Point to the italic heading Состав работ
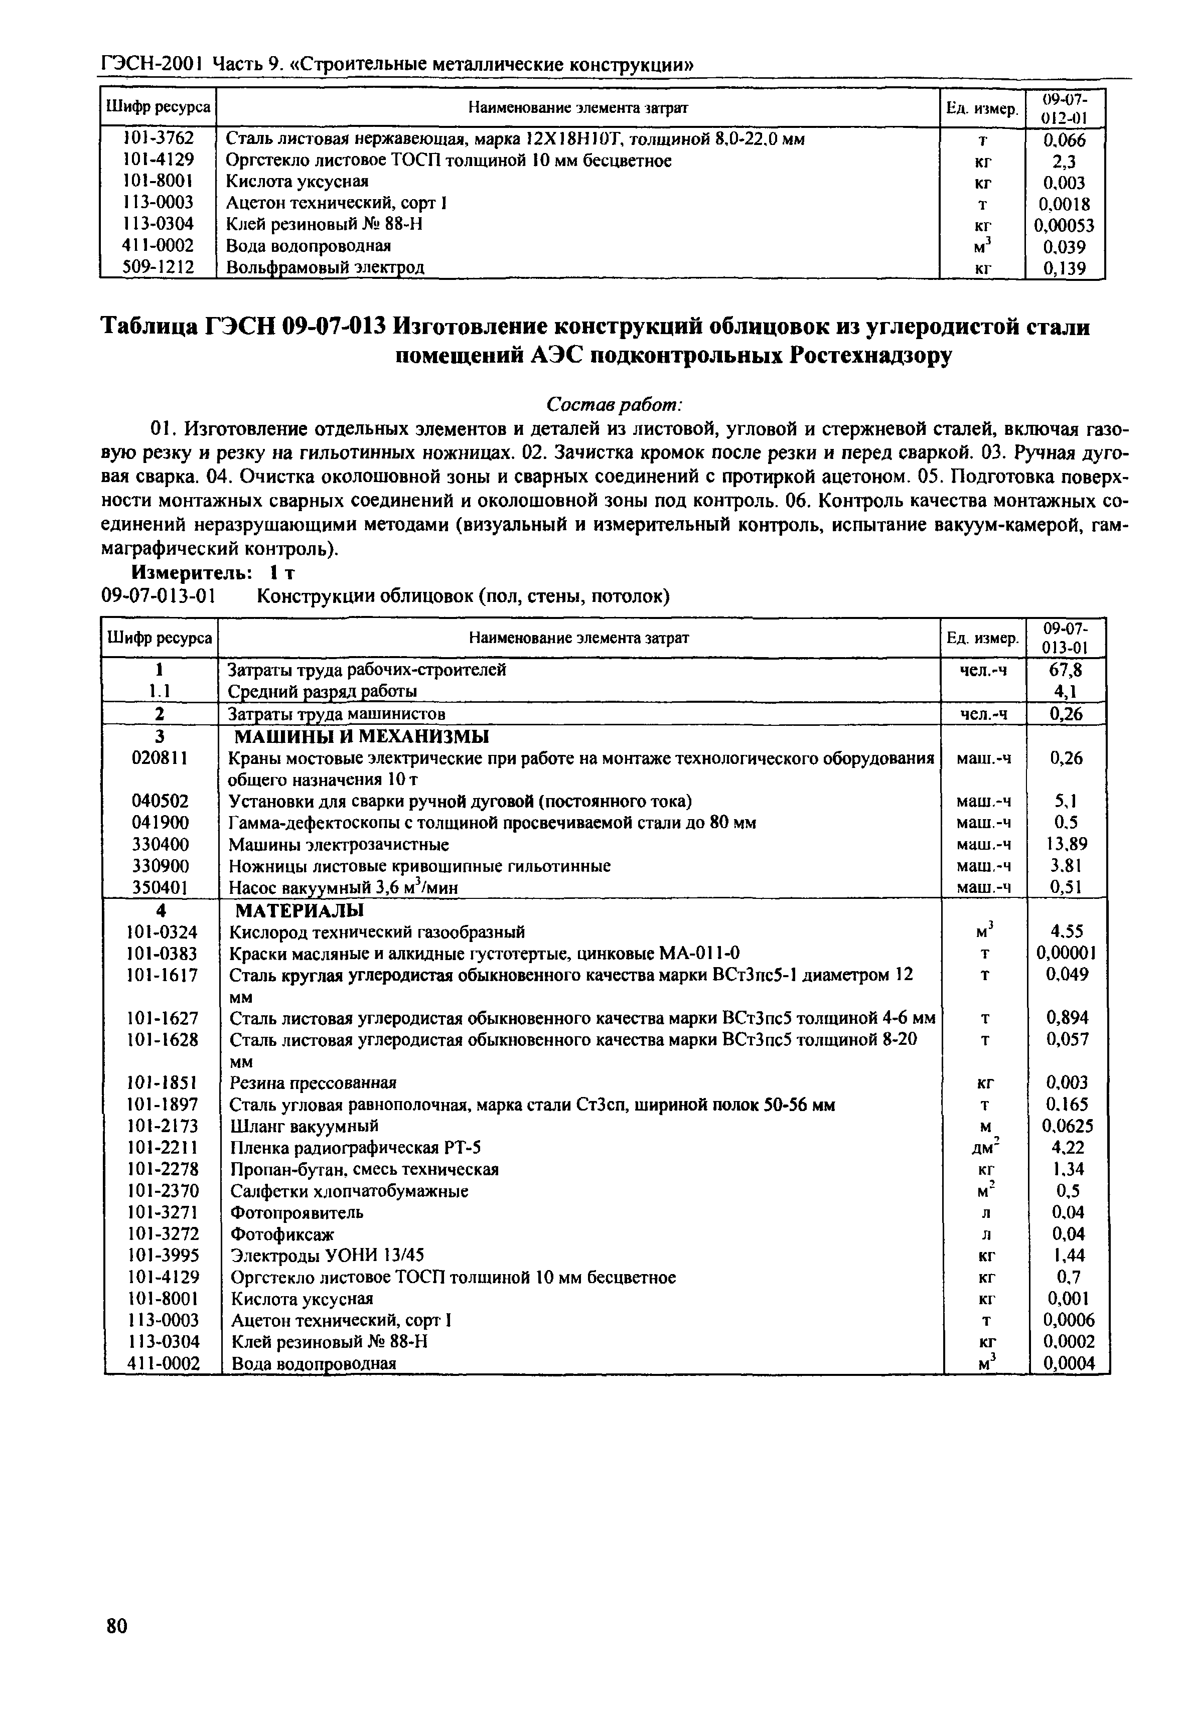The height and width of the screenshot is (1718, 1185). coord(614,405)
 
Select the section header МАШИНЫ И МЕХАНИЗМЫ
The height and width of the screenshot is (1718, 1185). coord(362,736)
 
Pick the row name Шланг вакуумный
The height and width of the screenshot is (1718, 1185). coord(305,1126)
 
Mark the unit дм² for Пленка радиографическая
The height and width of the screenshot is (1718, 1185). coord(985,1147)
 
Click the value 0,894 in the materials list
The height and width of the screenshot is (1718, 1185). coord(1067,1018)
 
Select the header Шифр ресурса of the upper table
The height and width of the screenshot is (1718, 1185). coord(158,108)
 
